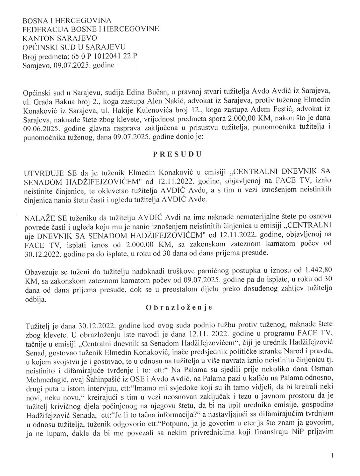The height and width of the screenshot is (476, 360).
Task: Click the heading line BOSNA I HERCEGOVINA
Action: coord(67,21)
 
